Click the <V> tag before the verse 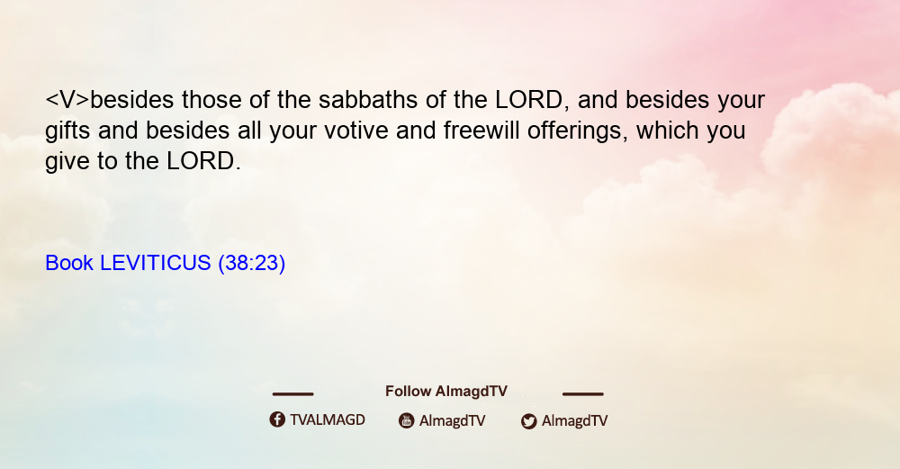click(67, 100)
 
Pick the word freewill click(481, 131)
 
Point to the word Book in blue click(69, 263)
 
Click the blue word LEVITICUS click(156, 263)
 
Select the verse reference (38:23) click(251, 264)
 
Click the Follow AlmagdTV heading click(446, 392)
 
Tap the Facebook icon click(277, 419)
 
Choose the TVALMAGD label click(328, 420)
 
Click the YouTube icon click(407, 420)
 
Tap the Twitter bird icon click(528, 421)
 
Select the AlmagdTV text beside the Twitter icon click(574, 421)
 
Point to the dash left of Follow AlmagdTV click(292, 394)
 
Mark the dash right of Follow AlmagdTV click(583, 394)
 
